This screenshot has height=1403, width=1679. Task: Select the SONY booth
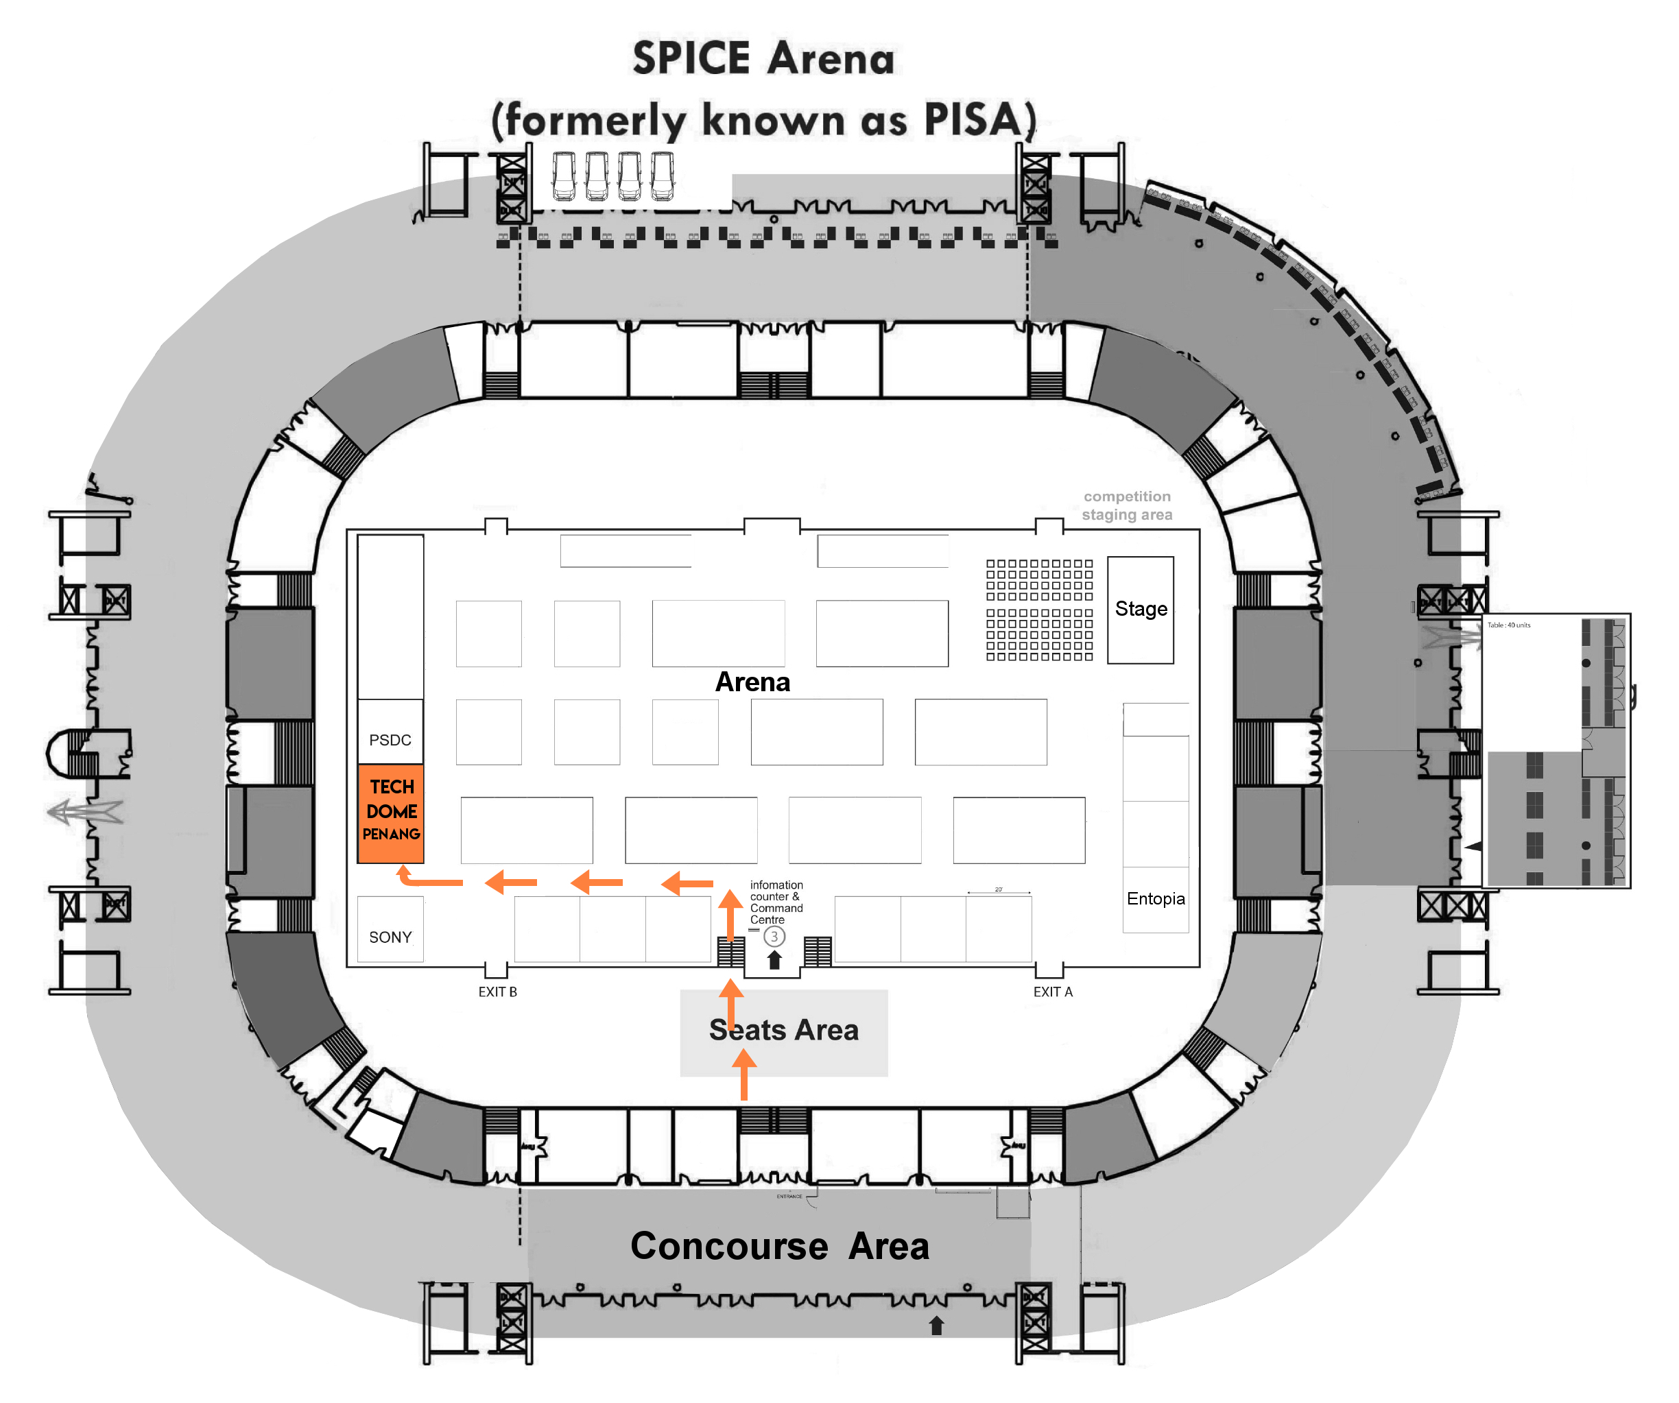[390, 937]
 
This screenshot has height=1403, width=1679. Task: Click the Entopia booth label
[1155, 898]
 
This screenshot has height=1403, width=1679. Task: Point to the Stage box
[1140, 609]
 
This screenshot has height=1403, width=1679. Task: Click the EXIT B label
[497, 992]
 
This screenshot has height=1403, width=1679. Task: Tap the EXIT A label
[1052, 992]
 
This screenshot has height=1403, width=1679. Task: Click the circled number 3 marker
[774, 937]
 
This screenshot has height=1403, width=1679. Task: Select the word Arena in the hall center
[752, 682]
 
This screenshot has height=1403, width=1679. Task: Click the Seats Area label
[783, 1031]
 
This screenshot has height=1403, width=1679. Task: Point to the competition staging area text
[1126, 505]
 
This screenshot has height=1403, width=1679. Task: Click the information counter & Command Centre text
[776, 902]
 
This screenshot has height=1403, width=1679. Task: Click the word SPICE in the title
[691, 58]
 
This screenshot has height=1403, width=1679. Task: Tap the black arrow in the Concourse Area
[936, 1326]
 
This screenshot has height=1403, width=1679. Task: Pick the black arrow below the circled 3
[774, 960]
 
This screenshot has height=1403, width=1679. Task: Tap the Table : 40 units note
[1508, 625]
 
